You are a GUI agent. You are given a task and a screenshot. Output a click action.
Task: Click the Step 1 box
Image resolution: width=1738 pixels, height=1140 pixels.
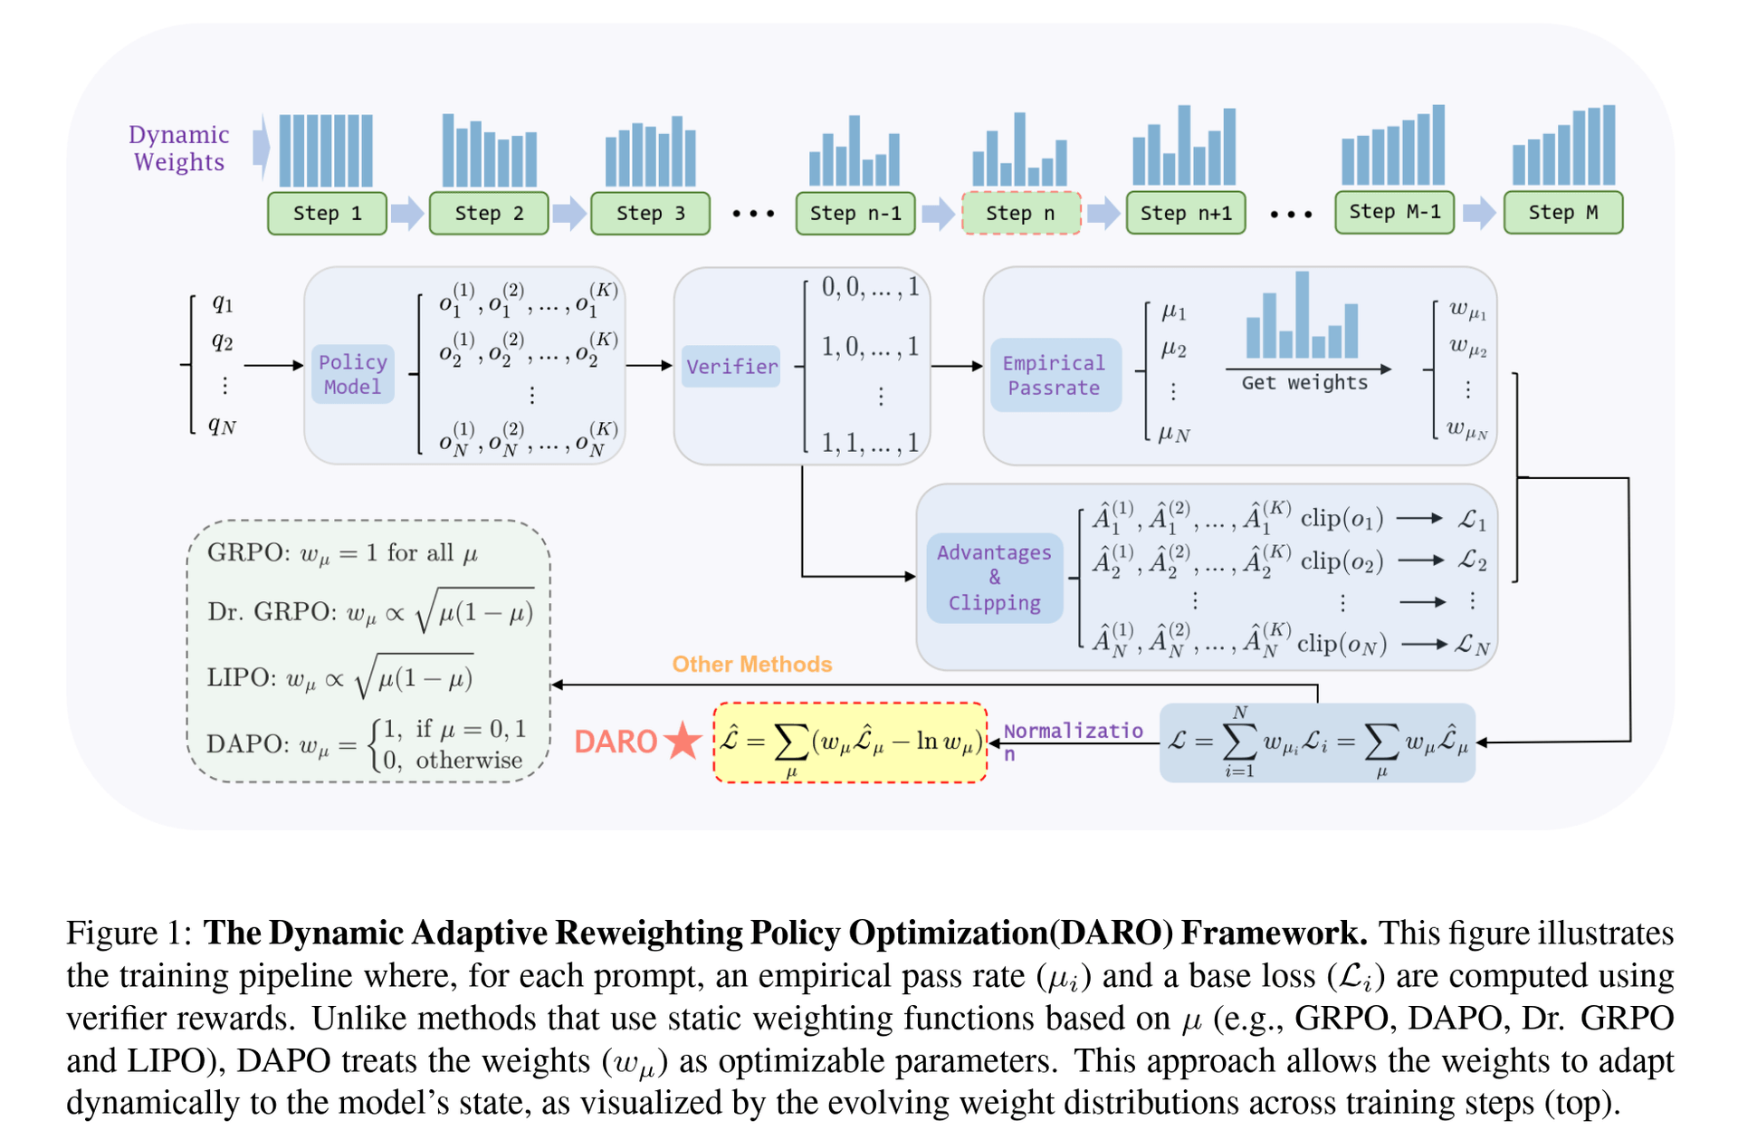point(327,214)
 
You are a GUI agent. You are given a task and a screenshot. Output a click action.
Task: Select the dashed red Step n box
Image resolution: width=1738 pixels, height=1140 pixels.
point(1020,214)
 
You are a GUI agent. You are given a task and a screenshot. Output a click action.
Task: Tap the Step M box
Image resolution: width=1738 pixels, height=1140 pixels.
point(1562,213)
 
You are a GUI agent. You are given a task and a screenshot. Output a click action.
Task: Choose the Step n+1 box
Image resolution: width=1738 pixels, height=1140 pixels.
point(1185,214)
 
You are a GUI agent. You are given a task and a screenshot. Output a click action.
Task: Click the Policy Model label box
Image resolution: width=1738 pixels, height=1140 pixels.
point(352,374)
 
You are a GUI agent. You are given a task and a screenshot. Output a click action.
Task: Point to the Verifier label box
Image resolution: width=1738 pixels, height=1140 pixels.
point(731,367)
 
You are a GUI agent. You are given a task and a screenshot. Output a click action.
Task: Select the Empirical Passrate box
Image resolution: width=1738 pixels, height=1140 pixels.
point(1055,375)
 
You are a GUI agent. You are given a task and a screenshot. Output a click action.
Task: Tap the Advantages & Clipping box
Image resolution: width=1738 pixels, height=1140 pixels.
point(994,578)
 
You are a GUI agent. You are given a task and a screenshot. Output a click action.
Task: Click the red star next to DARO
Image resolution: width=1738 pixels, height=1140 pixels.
point(683,741)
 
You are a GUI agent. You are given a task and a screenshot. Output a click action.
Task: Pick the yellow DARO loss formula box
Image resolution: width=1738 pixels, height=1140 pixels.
point(849,742)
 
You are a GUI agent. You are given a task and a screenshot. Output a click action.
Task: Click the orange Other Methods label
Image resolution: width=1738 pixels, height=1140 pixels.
point(751,665)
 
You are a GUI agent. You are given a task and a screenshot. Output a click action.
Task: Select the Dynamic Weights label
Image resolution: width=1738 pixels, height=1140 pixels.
point(179,148)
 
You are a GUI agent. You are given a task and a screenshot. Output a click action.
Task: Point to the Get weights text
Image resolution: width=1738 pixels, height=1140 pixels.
point(1303,383)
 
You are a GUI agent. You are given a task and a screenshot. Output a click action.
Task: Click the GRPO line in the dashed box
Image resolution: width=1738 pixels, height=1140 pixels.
point(342,553)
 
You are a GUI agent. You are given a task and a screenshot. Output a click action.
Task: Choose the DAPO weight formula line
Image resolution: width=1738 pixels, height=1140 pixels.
point(366,744)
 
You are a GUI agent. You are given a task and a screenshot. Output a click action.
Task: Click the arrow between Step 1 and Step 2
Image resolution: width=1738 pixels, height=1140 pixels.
point(407,214)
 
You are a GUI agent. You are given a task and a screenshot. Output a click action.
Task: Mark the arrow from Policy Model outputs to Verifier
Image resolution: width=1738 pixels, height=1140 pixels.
point(648,366)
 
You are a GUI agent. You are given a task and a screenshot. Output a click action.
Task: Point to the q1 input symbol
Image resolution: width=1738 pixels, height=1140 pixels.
point(222,303)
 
